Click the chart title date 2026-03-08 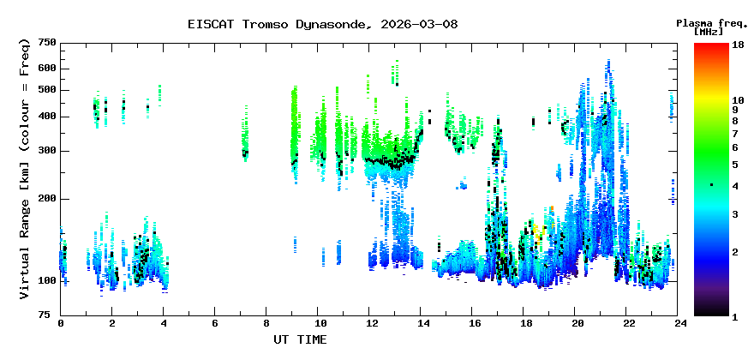[419, 24]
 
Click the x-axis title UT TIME [300, 339]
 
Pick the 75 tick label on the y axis [51, 315]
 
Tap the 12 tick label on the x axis [368, 324]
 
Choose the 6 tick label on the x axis [214, 324]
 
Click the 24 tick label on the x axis [677, 324]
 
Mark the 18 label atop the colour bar [738, 45]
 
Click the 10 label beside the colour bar [738, 100]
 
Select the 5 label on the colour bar [735, 165]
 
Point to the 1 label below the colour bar [735, 318]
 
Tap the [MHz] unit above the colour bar [709, 31]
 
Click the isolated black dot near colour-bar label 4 [711, 185]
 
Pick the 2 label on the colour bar [735, 252]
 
